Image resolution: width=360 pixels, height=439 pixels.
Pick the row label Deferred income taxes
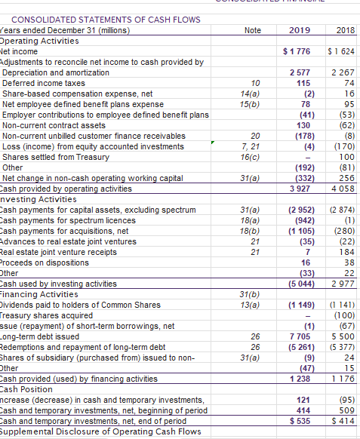[x=44, y=83]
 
